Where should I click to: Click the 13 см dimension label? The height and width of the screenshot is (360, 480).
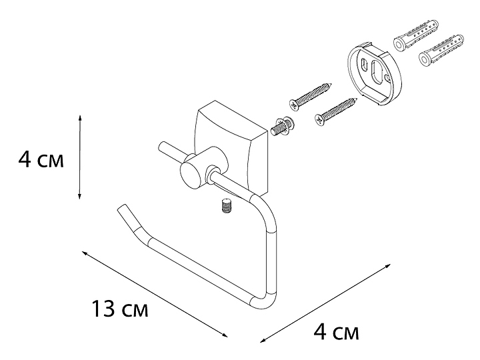pos(120,309)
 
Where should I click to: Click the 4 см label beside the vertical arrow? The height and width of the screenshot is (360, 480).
pos(41,160)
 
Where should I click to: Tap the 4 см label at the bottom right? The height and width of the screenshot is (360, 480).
pos(336,332)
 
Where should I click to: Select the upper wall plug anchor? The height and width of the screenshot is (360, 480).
pos(416,34)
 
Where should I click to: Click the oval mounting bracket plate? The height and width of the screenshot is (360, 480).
pos(375,73)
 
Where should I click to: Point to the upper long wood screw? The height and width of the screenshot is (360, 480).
pos(311,96)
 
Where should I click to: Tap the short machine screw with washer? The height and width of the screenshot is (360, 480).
pos(282,125)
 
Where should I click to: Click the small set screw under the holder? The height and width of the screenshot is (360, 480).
pos(226,205)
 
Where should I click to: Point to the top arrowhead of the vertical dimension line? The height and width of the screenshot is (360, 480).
pos(80,118)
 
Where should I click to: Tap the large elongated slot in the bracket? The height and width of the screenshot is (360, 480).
pos(377,72)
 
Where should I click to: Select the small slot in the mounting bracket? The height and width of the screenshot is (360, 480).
pos(364,65)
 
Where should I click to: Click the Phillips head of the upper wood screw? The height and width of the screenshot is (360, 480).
pos(293,106)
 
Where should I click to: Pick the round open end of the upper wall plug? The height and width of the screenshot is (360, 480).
pos(399,45)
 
